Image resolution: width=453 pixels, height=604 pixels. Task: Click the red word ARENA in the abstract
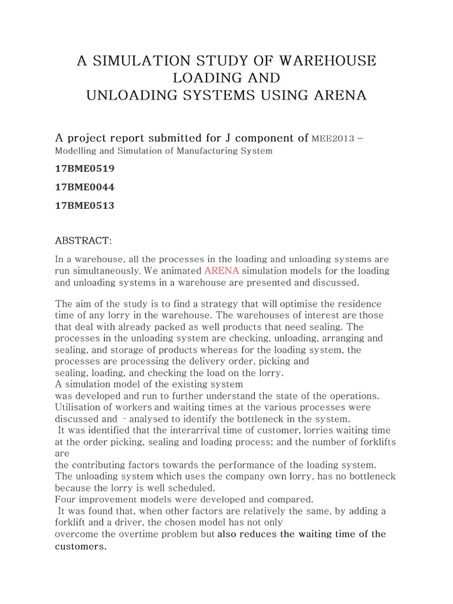pyautogui.click(x=221, y=271)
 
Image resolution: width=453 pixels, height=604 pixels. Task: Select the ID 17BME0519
pyautogui.click(x=85, y=169)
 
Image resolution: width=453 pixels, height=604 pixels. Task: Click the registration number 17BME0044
pyautogui.click(x=85, y=187)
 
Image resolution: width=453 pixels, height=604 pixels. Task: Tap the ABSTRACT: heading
pyautogui.click(x=83, y=241)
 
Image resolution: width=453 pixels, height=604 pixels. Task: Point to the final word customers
pyautogui.click(x=80, y=546)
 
